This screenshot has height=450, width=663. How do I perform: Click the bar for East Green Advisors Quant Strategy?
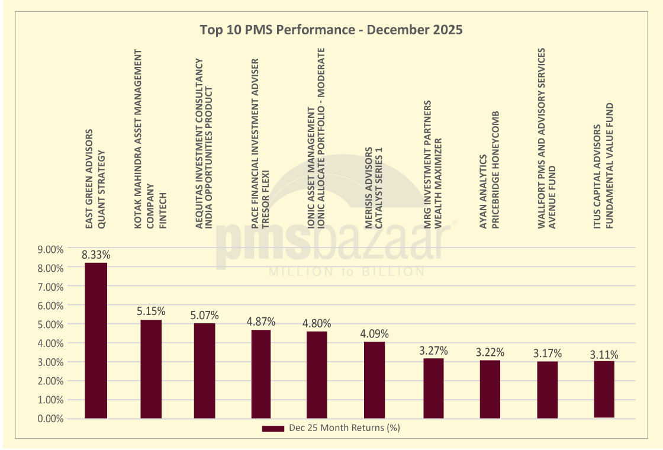point(96,340)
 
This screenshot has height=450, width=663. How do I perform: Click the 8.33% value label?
point(96,255)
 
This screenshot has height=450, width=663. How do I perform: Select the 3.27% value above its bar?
point(433,351)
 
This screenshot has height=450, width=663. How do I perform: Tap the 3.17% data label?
point(547,353)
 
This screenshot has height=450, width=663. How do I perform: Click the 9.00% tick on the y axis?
point(50,249)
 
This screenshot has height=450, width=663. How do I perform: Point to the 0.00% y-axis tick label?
point(50,419)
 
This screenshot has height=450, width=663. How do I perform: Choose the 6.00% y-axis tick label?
point(50,306)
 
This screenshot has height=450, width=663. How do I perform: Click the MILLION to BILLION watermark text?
point(346,272)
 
